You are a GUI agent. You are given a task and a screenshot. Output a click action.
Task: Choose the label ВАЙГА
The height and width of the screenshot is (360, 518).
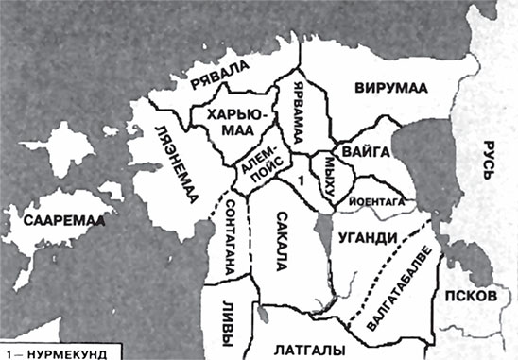[360, 147]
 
